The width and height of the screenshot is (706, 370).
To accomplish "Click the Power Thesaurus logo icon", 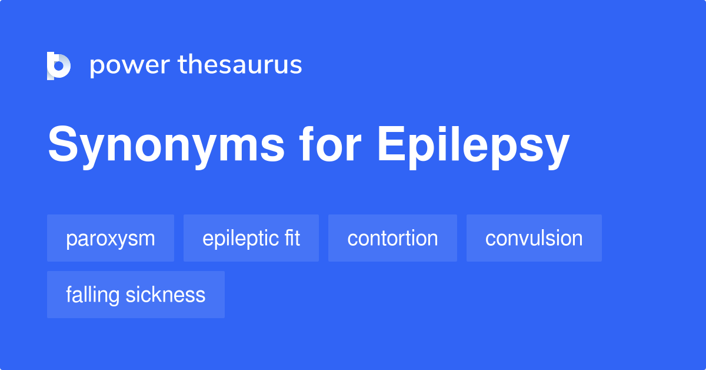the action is point(59,65).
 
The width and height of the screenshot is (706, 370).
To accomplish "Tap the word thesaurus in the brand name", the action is point(240,64).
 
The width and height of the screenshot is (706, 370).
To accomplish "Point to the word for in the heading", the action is point(330,144).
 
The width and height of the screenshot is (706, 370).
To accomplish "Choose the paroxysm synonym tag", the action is point(111,238).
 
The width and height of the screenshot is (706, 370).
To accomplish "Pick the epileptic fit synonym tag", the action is point(251,238).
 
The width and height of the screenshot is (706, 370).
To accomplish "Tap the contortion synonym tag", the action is point(393,238).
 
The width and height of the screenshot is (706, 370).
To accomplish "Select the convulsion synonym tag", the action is point(534,238).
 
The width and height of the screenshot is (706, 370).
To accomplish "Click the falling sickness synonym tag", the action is point(136,295).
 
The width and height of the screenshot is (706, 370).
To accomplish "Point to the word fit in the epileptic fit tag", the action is point(292,237).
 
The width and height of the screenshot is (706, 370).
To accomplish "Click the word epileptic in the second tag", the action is point(241,239).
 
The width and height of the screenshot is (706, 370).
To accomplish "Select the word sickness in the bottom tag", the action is point(165,295).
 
